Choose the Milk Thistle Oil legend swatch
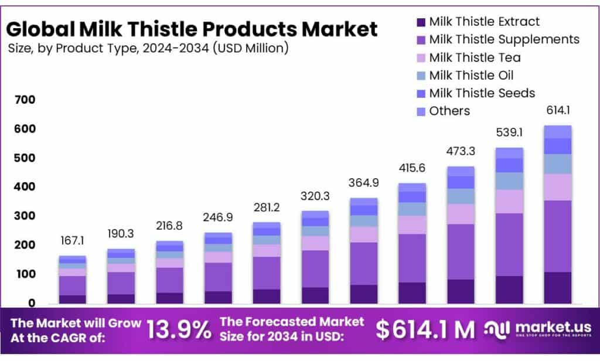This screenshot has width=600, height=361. click(x=421, y=76)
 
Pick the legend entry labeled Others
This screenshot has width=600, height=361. click(x=449, y=111)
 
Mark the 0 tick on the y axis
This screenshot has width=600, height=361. click(x=32, y=304)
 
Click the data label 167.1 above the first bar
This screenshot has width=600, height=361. click(x=73, y=241)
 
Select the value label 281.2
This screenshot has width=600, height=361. click(x=267, y=209)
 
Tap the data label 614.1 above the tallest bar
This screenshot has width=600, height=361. click(x=557, y=111)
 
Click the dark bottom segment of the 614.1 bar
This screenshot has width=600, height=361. click(x=557, y=288)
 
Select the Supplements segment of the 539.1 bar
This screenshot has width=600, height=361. click(x=509, y=244)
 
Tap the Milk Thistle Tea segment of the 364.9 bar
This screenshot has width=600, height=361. click(x=363, y=234)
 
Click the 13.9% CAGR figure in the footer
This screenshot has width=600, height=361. click(x=179, y=330)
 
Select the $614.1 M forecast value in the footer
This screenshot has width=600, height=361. click(x=425, y=330)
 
